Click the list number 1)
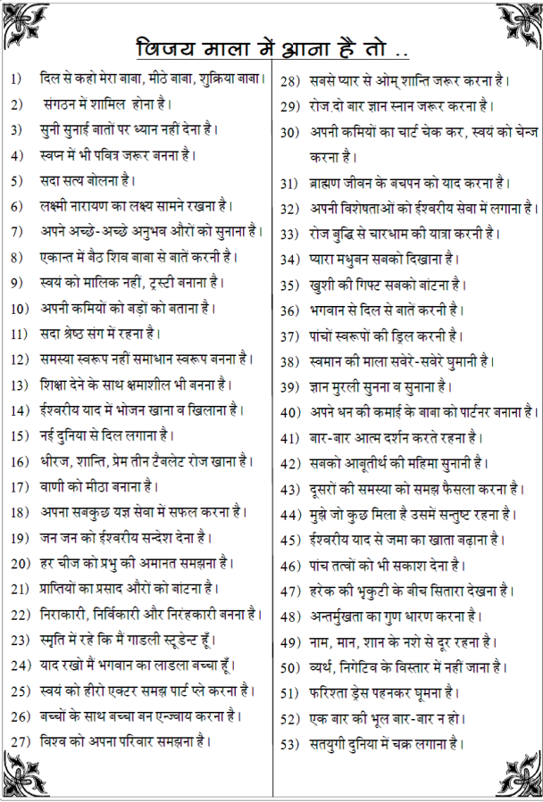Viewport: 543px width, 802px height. point(16,79)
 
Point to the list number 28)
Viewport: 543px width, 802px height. point(289,82)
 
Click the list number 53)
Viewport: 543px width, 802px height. point(289,743)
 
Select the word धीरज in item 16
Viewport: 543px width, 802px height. point(56,461)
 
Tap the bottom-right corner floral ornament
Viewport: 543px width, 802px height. point(518,777)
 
